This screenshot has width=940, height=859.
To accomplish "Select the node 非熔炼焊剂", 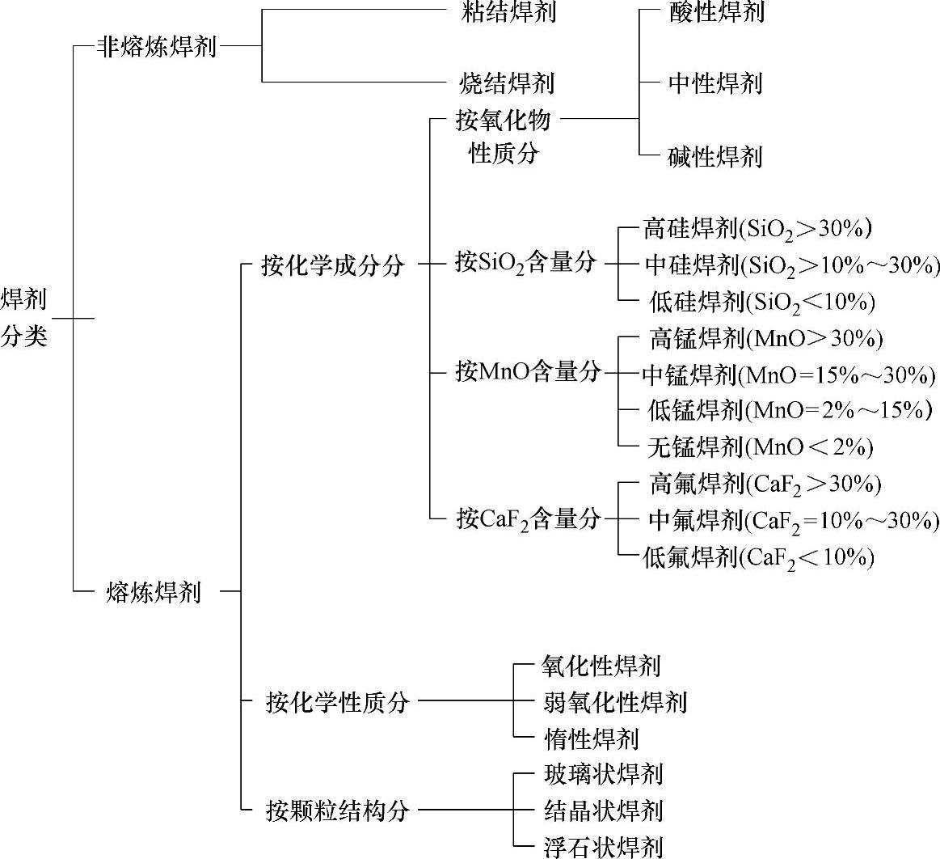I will [157, 46].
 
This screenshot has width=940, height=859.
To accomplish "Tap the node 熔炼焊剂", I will [153, 592].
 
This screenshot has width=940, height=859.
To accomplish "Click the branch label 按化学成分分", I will [332, 264].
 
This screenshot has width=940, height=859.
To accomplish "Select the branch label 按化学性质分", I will [337, 702].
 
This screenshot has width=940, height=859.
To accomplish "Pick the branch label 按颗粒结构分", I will [337, 810].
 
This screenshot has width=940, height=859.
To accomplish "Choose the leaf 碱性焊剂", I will [715, 155].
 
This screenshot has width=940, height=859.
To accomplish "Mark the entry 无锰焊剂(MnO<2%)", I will [760, 446].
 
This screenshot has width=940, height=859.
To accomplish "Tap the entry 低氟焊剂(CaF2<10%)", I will [758, 556].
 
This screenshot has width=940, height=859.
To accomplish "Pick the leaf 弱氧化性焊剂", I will [615, 702].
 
